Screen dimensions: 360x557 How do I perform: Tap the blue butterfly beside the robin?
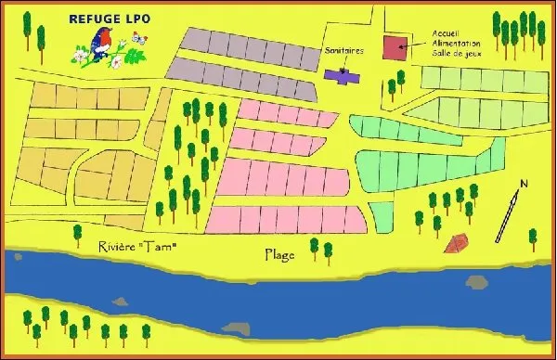140,39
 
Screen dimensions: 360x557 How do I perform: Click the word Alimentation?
456,43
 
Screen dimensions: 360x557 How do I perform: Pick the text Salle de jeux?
456,53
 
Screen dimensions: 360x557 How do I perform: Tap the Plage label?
279,253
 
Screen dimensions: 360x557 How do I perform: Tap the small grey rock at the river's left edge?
119,300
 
